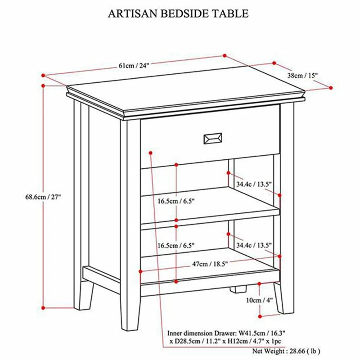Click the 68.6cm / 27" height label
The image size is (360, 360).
pyautogui.click(x=43, y=197)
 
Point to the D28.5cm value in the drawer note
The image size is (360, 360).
pyautogui.click(x=189, y=342)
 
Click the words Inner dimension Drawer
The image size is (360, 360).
pyautogui.click(x=200, y=333)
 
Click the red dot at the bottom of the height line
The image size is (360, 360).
pyautogui.click(x=43, y=308)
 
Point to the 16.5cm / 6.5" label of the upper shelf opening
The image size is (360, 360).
pyautogui.click(x=176, y=201)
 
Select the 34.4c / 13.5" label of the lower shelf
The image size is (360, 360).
pyautogui.click(x=254, y=245)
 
